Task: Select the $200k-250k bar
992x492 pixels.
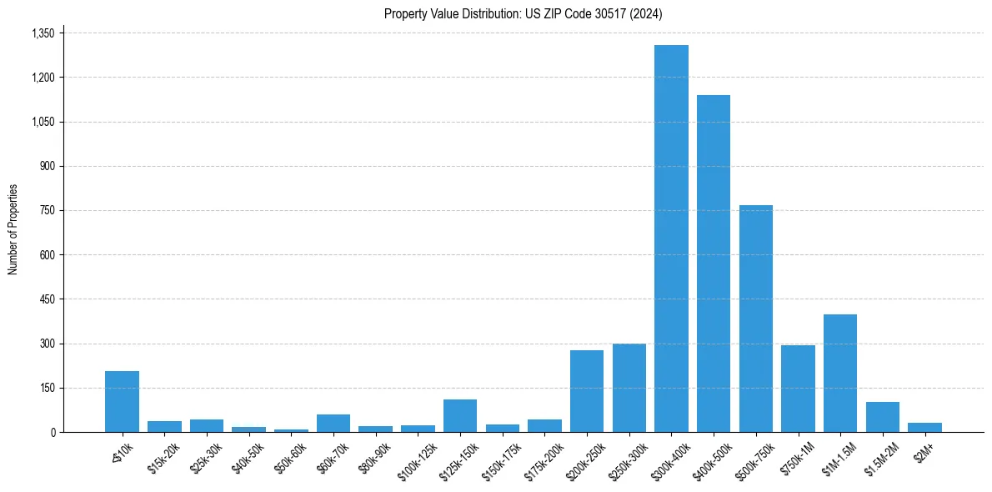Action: [x=587, y=391]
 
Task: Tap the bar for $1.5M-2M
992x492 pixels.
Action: [x=883, y=417]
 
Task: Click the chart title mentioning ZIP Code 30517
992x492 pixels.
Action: [x=524, y=14]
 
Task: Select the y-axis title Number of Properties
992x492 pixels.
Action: [x=13, y=229]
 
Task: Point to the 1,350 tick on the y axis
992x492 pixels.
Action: [x=43, y=33]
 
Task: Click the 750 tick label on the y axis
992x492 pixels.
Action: [x=47, y=211]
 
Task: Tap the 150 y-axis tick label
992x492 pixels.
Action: [x=47, y=388]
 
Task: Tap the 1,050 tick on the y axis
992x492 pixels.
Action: [x=43, y=122]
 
